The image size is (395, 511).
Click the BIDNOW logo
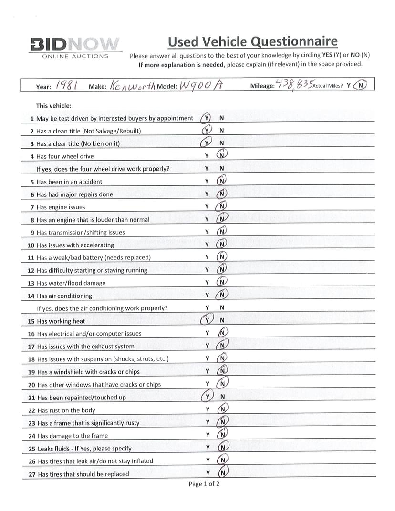[x=75, y=44]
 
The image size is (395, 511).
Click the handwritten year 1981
[x=67, y=85]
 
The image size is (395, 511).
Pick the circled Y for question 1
[x=206, y=118]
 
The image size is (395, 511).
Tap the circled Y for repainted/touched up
[x=207, y=397]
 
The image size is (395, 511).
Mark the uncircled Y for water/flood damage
[x=207, y=283]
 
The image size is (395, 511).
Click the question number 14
[x=31, y=296]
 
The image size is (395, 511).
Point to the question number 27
[x=32, y=474]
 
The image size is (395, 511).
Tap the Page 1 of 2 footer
[x=204, y=484]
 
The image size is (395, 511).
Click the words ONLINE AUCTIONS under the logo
[x=75, y=56]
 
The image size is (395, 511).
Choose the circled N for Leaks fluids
[x=222, y=448]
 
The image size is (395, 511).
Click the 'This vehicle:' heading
[x=53, y=106]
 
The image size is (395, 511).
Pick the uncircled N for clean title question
[x=222, y=131]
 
